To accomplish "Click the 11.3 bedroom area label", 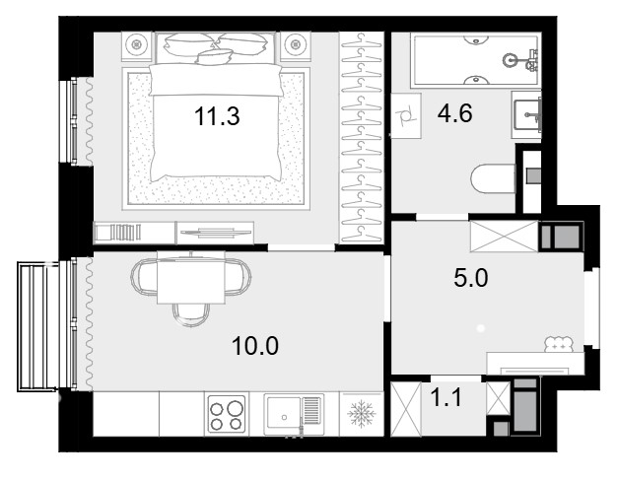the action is [217, 116].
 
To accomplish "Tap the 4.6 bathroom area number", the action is [454, 113].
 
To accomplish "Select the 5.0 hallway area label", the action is [471, 278].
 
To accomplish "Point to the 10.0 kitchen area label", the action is [255, 346].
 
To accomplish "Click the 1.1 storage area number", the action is [446, 397].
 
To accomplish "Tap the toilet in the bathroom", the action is [494, 178].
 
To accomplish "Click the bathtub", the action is [476, 60].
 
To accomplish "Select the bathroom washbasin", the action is [526, 114].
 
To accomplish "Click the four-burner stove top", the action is [227, 414].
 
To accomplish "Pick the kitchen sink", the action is [294, 414].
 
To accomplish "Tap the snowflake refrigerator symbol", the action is [362, 414].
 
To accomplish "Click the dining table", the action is [191, 277].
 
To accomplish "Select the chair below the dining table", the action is [191, 314].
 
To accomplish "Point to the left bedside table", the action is [137, 46].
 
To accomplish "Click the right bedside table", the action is [296, 46].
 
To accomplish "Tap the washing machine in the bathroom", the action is [406, 115].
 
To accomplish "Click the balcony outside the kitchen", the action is [38, 326].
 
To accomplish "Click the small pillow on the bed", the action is [214, 57].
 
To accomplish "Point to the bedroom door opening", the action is [302, 247].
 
